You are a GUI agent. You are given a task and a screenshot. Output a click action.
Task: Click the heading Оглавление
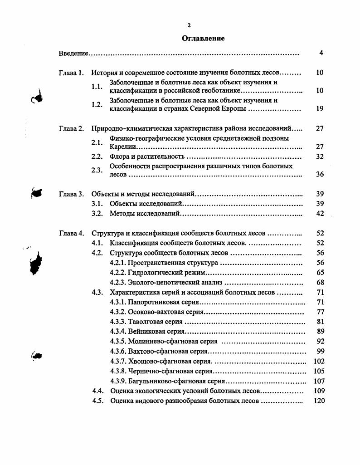(203, 38)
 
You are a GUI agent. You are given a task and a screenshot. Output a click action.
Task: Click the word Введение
(73, 54)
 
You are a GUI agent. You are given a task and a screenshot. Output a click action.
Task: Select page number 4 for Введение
(321, 53)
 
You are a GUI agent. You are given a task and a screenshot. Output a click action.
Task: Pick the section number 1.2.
(96, 105)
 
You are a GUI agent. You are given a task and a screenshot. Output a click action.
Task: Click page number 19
(320, 109)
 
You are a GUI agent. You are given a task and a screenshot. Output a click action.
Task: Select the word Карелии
(123, 147)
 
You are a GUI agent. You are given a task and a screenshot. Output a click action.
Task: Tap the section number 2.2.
(96, 157)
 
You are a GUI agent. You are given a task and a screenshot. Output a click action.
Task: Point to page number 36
(320, 175)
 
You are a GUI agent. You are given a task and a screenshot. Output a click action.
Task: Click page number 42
(320, 213)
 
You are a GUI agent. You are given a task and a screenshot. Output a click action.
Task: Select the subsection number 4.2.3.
(118, 282)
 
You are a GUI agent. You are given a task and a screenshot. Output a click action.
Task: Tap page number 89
(321, 332)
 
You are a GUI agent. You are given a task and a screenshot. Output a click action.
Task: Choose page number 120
(319, 401)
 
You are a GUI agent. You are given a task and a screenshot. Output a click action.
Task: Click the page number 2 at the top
(189, 25)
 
